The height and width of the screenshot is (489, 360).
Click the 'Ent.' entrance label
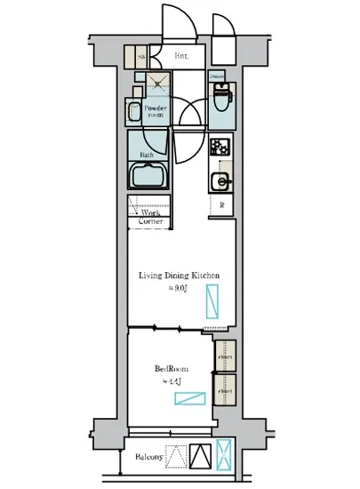click(181, 59)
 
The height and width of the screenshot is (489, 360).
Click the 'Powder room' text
click(155, 112)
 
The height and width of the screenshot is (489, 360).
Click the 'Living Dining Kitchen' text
click(178, 277)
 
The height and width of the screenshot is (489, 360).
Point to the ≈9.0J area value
click(178, 289)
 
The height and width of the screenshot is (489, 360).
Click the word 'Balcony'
click(148, 458)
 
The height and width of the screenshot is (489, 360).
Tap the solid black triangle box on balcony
click(201, 456)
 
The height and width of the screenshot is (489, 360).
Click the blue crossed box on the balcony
click(225, 455)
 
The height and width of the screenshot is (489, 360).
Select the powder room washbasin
click(133, 112)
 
